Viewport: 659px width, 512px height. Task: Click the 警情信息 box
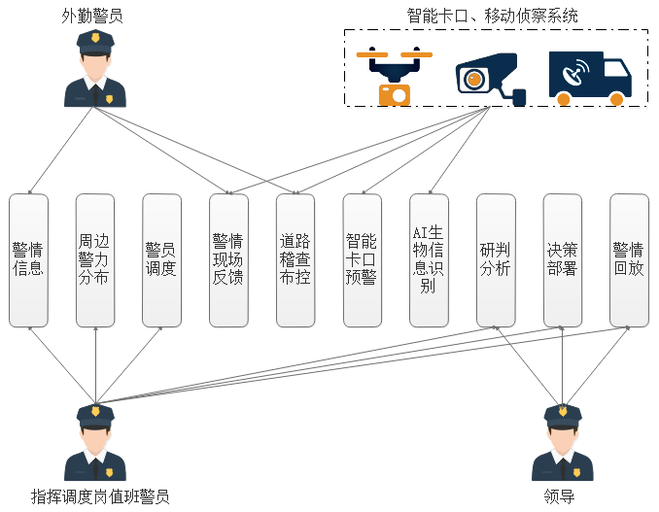[28, 260]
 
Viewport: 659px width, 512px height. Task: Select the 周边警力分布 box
[95, 260]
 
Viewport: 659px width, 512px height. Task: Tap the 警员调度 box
[161, 260]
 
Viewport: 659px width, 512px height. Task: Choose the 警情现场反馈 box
[228, 260]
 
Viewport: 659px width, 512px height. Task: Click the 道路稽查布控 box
[295, 260]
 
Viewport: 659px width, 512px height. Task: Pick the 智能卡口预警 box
[362, 260]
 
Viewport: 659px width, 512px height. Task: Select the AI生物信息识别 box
[429, 260]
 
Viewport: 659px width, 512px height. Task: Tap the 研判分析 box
[496, 260]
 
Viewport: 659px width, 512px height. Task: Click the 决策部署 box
[563, 260]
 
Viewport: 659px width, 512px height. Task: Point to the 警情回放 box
[629, 260]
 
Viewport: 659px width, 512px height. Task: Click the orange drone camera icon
[394, 77]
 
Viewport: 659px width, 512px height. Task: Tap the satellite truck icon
[589, 77]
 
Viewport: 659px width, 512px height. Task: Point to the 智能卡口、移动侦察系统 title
[492, 16]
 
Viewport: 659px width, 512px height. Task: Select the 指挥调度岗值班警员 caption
[100, 496]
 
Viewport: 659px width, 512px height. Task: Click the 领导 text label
[561, 496]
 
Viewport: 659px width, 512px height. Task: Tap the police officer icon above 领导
[562, 443]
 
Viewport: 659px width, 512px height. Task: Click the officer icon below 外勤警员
[94, 69]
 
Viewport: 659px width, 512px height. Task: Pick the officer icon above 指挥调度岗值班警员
[95, 443]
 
